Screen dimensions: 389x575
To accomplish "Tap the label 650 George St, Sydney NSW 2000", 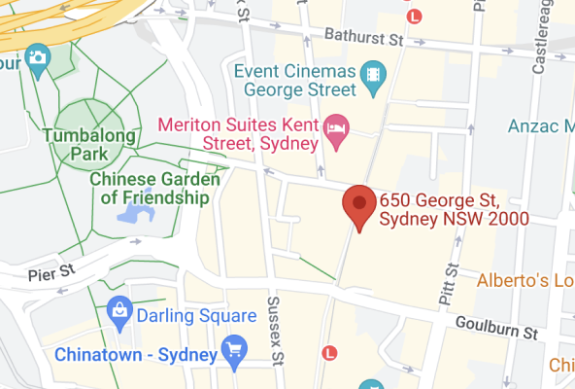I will (455, 209).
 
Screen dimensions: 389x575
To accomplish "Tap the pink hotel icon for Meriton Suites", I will (336, 127).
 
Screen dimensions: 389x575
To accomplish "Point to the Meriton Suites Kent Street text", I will (238, 135).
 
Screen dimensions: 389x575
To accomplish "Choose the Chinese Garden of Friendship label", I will (150, 189).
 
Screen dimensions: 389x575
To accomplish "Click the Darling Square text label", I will (196, 315).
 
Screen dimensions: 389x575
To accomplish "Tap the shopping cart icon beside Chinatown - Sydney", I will (233, 348).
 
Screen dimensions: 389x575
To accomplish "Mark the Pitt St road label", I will (450, 283).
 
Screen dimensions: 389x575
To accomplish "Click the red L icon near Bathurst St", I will (415, 16).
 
